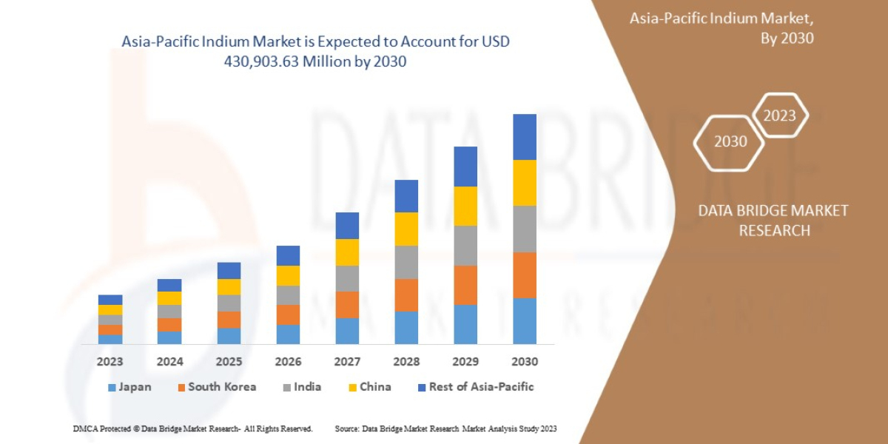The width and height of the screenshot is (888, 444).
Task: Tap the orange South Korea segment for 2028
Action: coord(406,295)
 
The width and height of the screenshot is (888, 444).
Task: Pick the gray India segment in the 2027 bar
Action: coord(347,278)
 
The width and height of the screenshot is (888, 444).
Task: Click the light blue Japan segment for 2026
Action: coord(288,334)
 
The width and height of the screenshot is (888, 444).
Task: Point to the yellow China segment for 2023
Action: coord(110,309)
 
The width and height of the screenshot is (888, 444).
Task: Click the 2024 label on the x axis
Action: coord(169,362)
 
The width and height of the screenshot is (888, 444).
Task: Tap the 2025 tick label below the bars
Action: coord(229,362)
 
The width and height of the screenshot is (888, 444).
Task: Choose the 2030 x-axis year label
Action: coord(525,362)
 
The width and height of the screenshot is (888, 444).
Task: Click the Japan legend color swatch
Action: coord(112,387)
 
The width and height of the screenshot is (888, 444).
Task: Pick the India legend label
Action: coord(306,387)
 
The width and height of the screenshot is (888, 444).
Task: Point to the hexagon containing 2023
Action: coord(779,115)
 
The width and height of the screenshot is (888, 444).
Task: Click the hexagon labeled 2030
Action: coord(730,141)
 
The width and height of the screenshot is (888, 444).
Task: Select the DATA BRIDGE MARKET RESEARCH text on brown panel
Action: coord(773,221)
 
